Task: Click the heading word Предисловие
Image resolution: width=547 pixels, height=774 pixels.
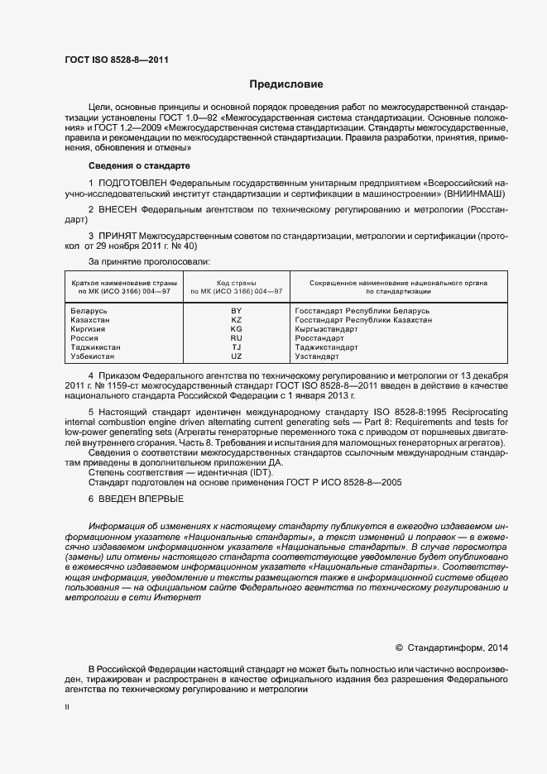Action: (286, 84)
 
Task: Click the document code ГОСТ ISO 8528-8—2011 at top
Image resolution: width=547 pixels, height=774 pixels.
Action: (111, 60)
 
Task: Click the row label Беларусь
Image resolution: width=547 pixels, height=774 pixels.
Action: (90, 310)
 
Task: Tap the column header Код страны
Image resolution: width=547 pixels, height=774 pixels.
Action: (237, 283)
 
